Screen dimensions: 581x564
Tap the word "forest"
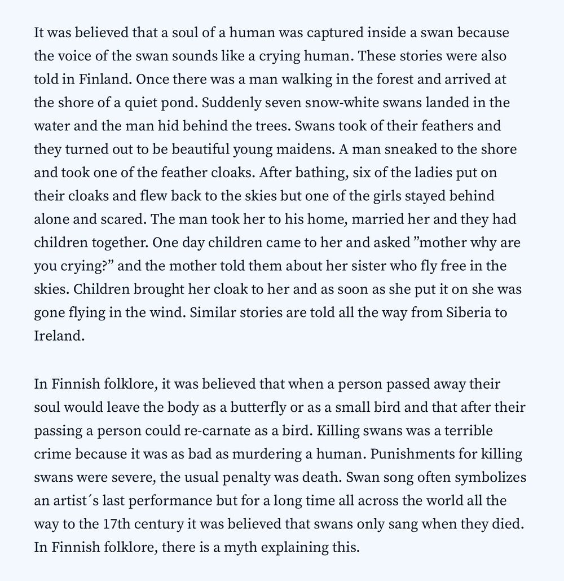click(397, 79)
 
